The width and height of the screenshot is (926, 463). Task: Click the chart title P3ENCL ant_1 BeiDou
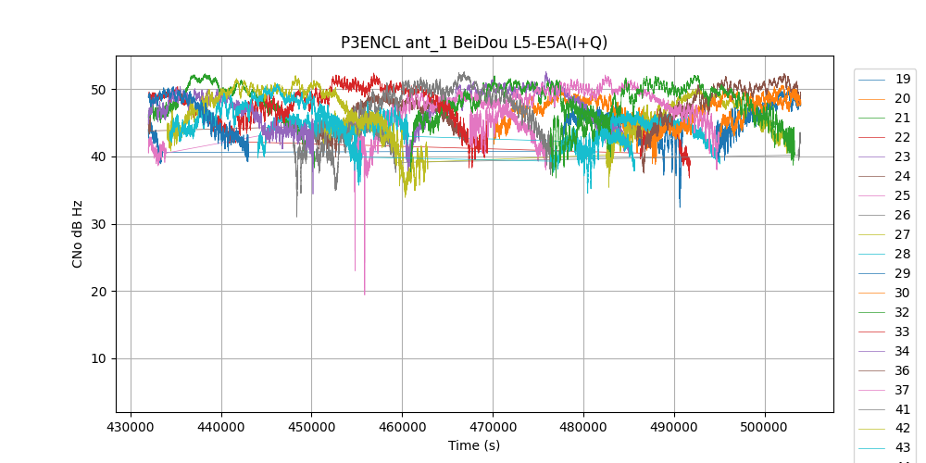point(474,43)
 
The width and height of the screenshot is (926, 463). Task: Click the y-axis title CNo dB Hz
point(78,233)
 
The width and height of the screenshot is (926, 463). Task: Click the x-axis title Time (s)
point(474,445)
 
